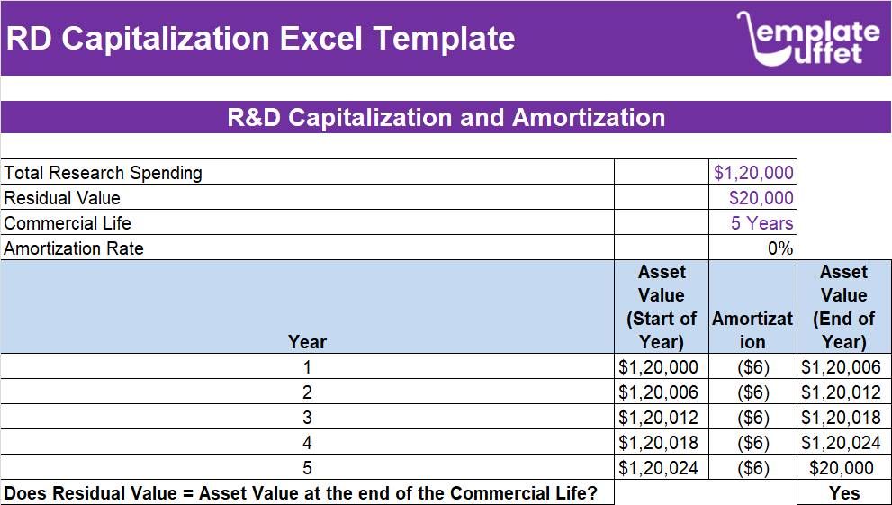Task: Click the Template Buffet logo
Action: [x=807, y=39]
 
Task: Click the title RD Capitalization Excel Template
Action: [x=260, y=39]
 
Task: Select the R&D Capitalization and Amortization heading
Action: [x=446, y=118]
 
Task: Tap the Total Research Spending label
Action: [x=104, y=173]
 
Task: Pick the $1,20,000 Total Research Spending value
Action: [x=753, y=173]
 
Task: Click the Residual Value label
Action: [x=62, y=198]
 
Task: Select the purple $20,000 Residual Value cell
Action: [x=761, y=198]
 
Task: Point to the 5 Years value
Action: [x=762, y=223]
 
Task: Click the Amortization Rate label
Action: [x=74, y=248]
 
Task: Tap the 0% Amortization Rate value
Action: [x=780, y=248]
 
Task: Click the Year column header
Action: [x=307, y=341]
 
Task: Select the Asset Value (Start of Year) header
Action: [x=662, y=307]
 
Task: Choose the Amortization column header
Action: [x=752, y=329]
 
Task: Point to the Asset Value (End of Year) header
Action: [x=843, y=307]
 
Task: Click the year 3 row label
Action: [x=307, y=418]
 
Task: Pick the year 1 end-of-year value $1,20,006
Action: [x=841, y=367]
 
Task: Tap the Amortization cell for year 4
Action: [x=752, y=443]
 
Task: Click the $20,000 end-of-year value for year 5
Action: [x=842, y=468]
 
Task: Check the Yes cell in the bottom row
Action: [x=843, y=493]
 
